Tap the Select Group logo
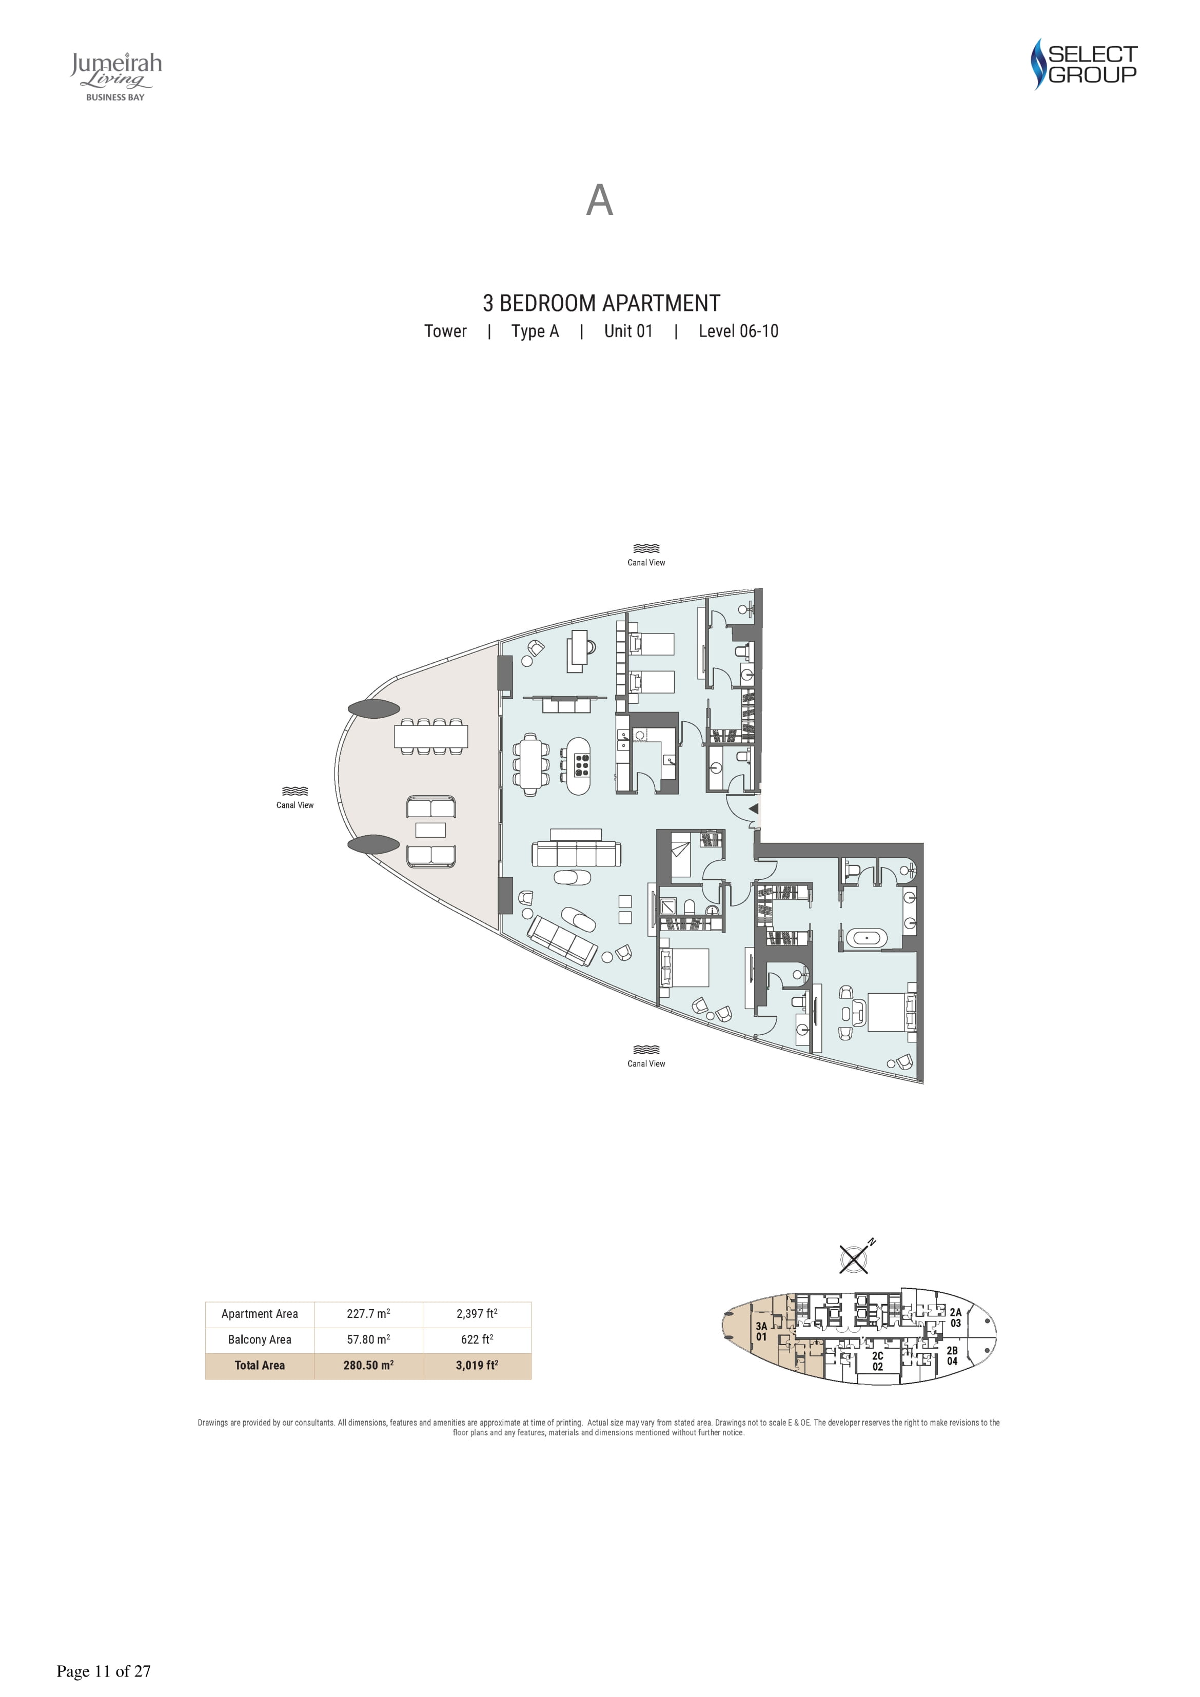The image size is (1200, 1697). (x=1084, y=64)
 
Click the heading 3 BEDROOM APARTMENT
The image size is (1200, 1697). (x=601, y=303)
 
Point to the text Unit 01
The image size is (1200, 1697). (x=628, y=331)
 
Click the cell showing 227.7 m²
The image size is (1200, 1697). (x=368, y=1313)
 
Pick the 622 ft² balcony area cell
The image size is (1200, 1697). (x=477, y=1339)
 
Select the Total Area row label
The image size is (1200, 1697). (x=260, y=1365)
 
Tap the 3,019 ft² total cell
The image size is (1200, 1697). (x=477, y=1365)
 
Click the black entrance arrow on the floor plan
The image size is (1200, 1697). (x=754, y=808)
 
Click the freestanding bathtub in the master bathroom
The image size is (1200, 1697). (x=867, y=939)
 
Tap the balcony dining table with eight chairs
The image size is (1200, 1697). (x=431, y=736)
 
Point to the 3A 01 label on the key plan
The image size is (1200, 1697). (x=761, y=1332)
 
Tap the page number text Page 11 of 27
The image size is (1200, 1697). (x=104, y=1671)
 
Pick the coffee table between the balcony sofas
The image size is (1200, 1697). (x=430, y=830)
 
